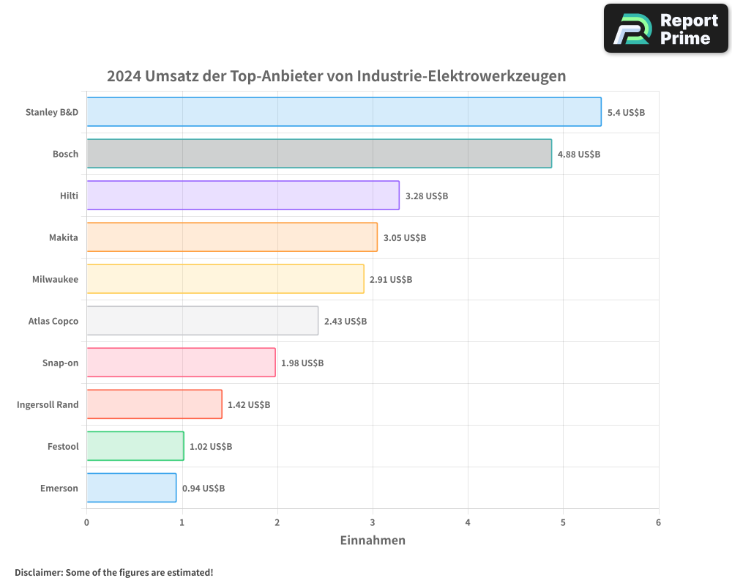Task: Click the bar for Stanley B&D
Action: pos(344,112)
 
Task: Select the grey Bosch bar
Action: pos(319,154)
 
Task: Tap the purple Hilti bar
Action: pos(243,196)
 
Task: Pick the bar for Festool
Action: pos(135,446)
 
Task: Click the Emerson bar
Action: pos(132,488)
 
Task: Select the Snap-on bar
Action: pos(181,363)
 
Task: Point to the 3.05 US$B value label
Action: pos(405,238)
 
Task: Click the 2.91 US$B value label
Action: pos(391,280)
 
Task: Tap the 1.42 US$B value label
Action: pos(249,405)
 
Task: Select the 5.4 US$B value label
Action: pos(626,113)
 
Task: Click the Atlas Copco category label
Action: pos(53,322)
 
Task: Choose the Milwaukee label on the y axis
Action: pos(55,280)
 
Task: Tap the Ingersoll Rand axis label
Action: pos(48,405)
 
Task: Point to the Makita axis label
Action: pos(63,238)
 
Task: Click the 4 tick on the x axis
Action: pos(468,522)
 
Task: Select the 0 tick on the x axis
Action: pos(86,522)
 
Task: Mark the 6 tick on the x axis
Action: pos(658,522)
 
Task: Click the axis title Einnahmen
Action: pos(373,541)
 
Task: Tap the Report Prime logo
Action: pos(665,29)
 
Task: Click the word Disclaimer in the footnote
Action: pos(37,573)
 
